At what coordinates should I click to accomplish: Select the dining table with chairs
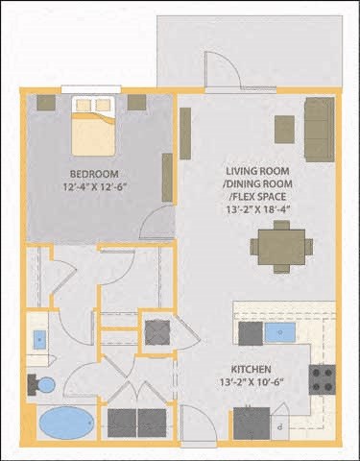click(280, 245)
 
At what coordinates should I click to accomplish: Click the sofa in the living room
click(319, 129)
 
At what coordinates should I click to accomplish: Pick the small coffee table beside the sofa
click(284, 129)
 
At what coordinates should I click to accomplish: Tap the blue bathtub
click(63, 423)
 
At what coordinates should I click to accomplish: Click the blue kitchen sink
click(282, 333)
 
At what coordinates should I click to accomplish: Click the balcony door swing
click(223, 69)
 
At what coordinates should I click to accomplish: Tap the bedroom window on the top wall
click(91, 89)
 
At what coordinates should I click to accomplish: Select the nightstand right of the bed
click(136, 102)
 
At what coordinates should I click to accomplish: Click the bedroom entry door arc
click(154, 226)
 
